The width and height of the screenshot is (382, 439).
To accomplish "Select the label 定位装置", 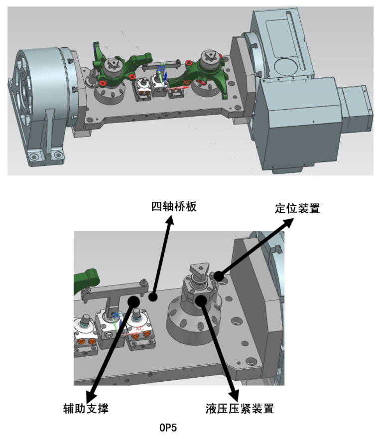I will [x=297, y=208].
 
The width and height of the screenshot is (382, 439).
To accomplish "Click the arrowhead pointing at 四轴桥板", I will [x=170, y=220].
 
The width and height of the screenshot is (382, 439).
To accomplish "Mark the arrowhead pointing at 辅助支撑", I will [x=91, y=396].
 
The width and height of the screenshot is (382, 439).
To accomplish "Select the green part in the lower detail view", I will [x=85, y=280].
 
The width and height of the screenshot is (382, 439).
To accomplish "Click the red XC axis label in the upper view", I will [x=187, y=82].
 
